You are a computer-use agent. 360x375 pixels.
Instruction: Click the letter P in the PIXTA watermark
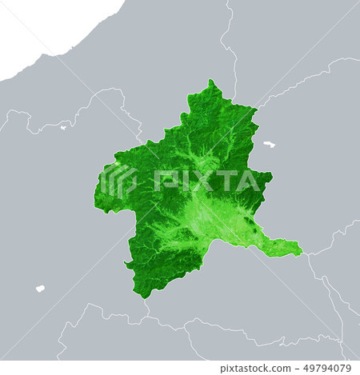(165, 182)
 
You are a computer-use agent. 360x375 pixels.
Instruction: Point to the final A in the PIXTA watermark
(250, 182)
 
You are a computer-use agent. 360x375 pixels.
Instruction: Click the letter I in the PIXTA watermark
(183, 182)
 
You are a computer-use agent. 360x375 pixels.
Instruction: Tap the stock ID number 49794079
(324, 369)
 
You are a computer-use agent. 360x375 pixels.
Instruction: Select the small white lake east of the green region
(269, 145)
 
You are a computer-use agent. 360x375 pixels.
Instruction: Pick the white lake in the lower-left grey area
(40, 289)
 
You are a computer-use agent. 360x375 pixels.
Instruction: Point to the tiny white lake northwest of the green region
(63, 126)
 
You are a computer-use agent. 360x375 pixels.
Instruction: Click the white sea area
(48, 28)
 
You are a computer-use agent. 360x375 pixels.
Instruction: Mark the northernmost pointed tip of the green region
(210, 82)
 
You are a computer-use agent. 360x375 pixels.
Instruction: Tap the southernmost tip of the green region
(146, 297)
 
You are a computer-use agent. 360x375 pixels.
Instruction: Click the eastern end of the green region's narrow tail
(301, 253)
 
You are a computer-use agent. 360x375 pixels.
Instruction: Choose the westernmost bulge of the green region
(97, 196)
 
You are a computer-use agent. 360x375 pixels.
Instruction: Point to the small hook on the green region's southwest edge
(128, 265)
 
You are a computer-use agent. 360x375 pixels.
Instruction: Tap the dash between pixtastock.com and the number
(293, 369)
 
